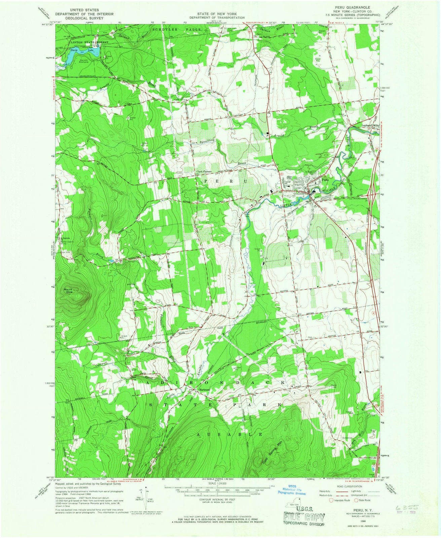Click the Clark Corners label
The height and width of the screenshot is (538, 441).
[x=204, y=172]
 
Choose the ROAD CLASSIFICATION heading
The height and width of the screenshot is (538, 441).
[x=347, y=486]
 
